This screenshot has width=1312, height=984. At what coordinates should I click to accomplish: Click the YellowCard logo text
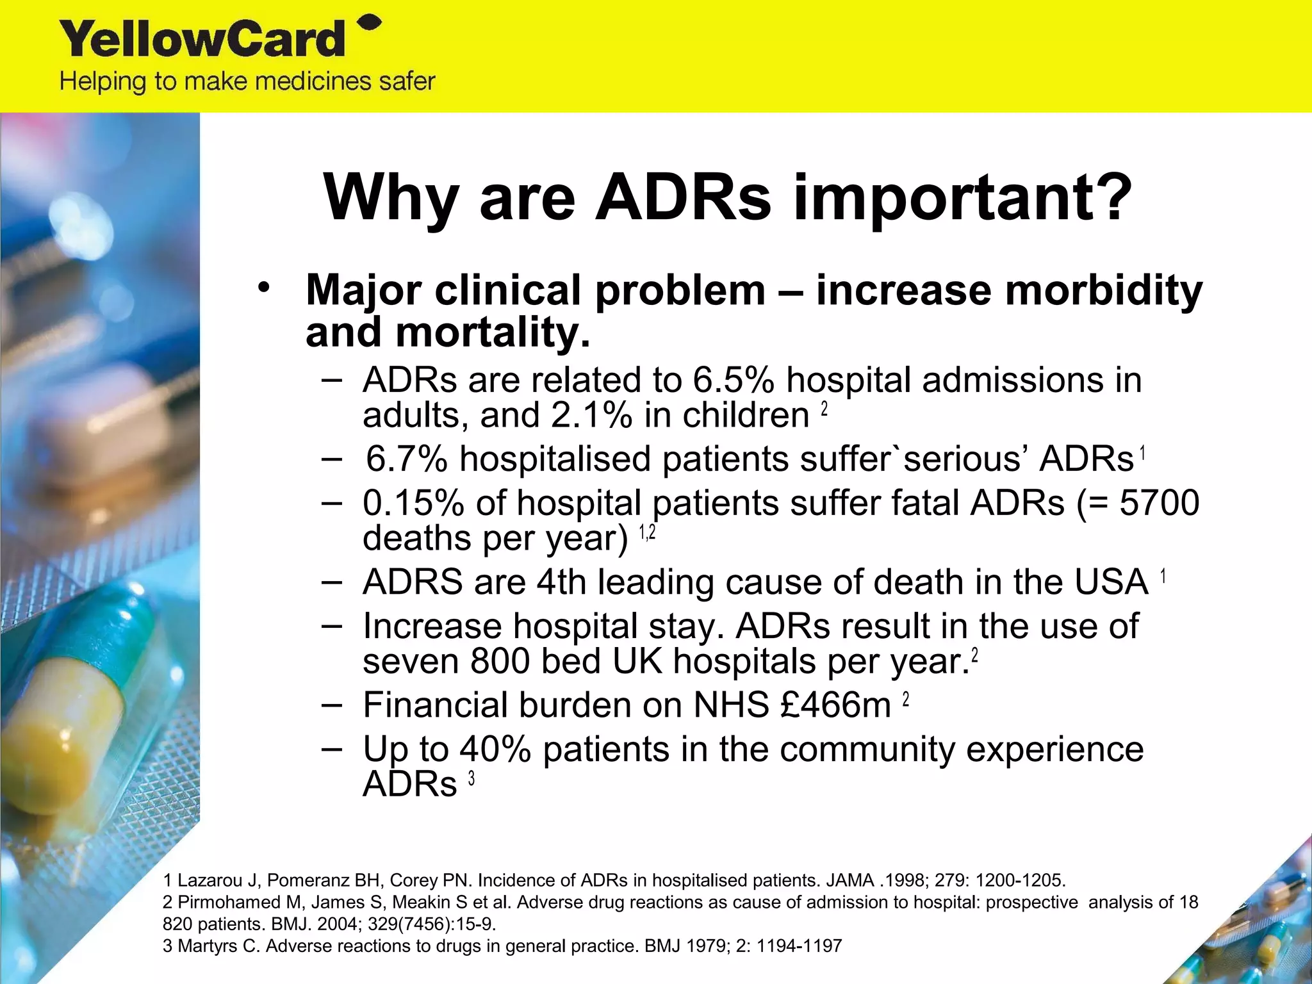pos(202,40)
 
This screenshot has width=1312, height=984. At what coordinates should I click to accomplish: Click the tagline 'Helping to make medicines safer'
pos(247,82)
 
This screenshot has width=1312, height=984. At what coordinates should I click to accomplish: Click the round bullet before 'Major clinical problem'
pos(263,288)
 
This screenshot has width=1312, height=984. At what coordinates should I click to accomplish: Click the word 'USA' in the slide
pos(1111,582)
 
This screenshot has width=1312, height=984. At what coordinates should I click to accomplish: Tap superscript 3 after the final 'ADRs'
pos(471,778)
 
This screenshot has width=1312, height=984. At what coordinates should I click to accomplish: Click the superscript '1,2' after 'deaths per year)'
pos(647,532)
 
